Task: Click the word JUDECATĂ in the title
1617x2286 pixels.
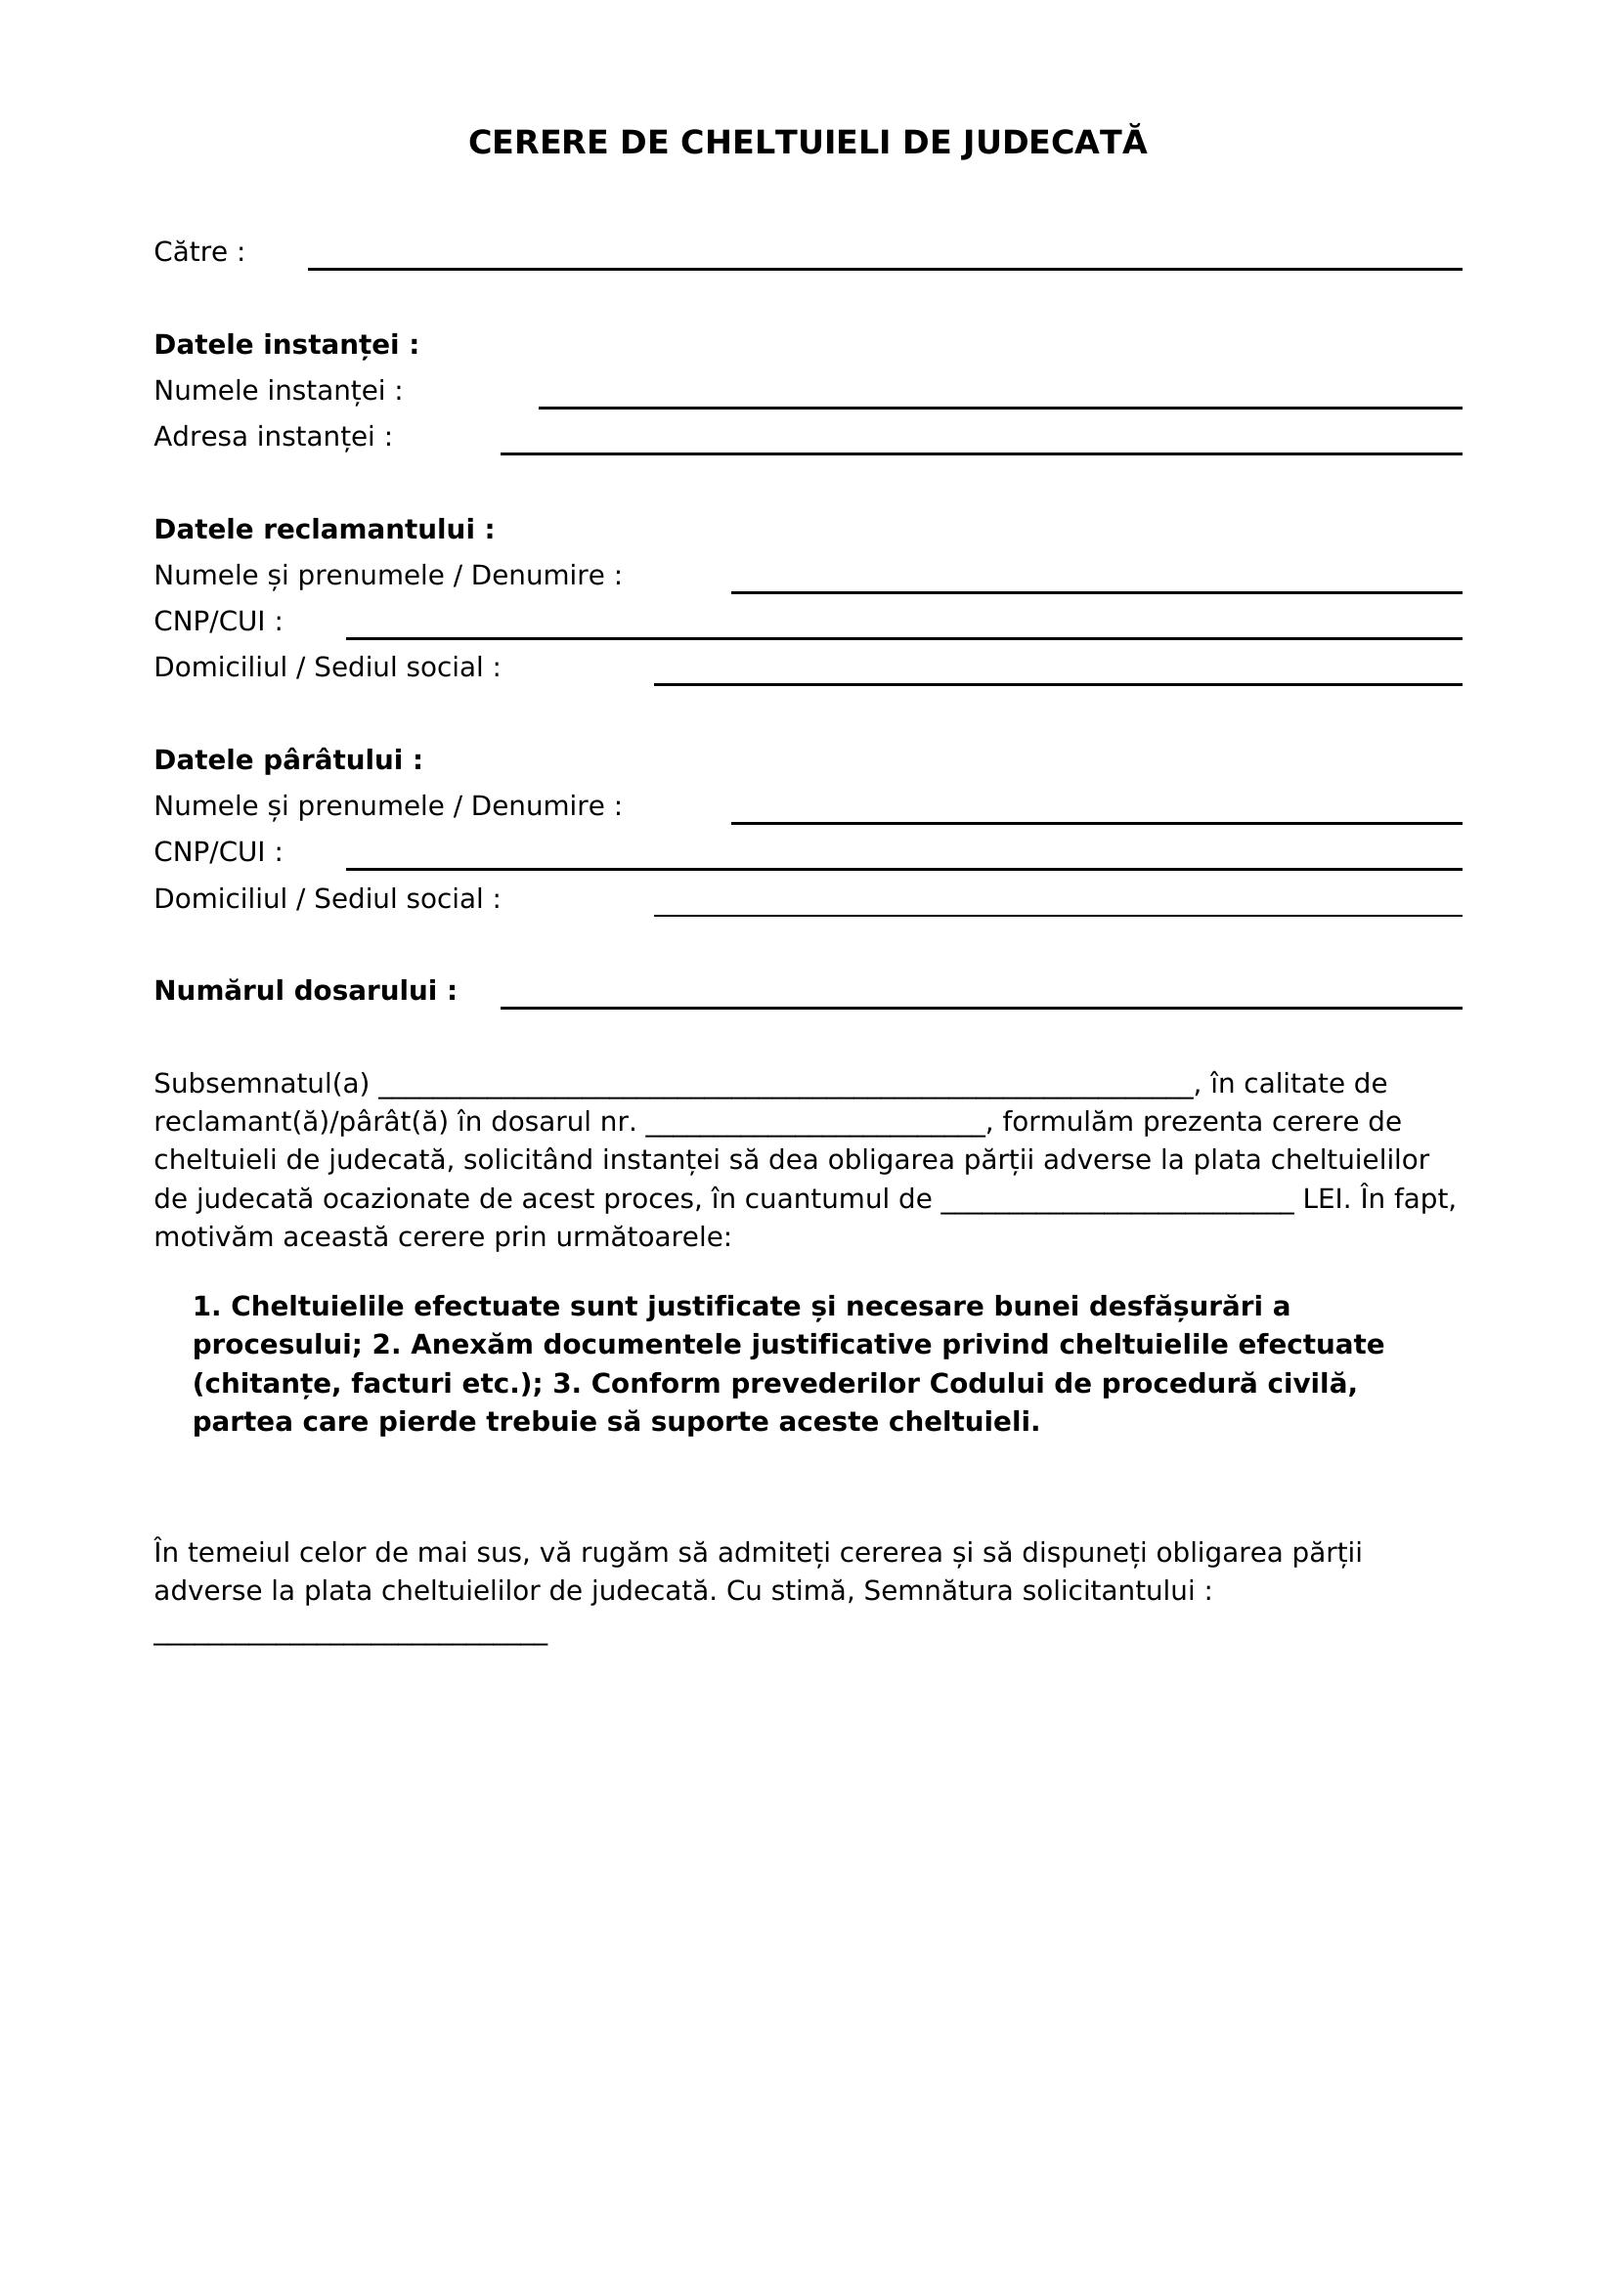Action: (1055, 143)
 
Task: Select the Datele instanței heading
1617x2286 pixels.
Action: (285, 344)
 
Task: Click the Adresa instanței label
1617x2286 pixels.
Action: (273, 437)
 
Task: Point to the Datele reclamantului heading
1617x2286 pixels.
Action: (324, 530)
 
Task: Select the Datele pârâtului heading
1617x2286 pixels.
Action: (287, 759)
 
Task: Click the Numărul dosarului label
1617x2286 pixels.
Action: (305, 991)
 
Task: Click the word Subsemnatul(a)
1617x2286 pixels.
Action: (261, 1083)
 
